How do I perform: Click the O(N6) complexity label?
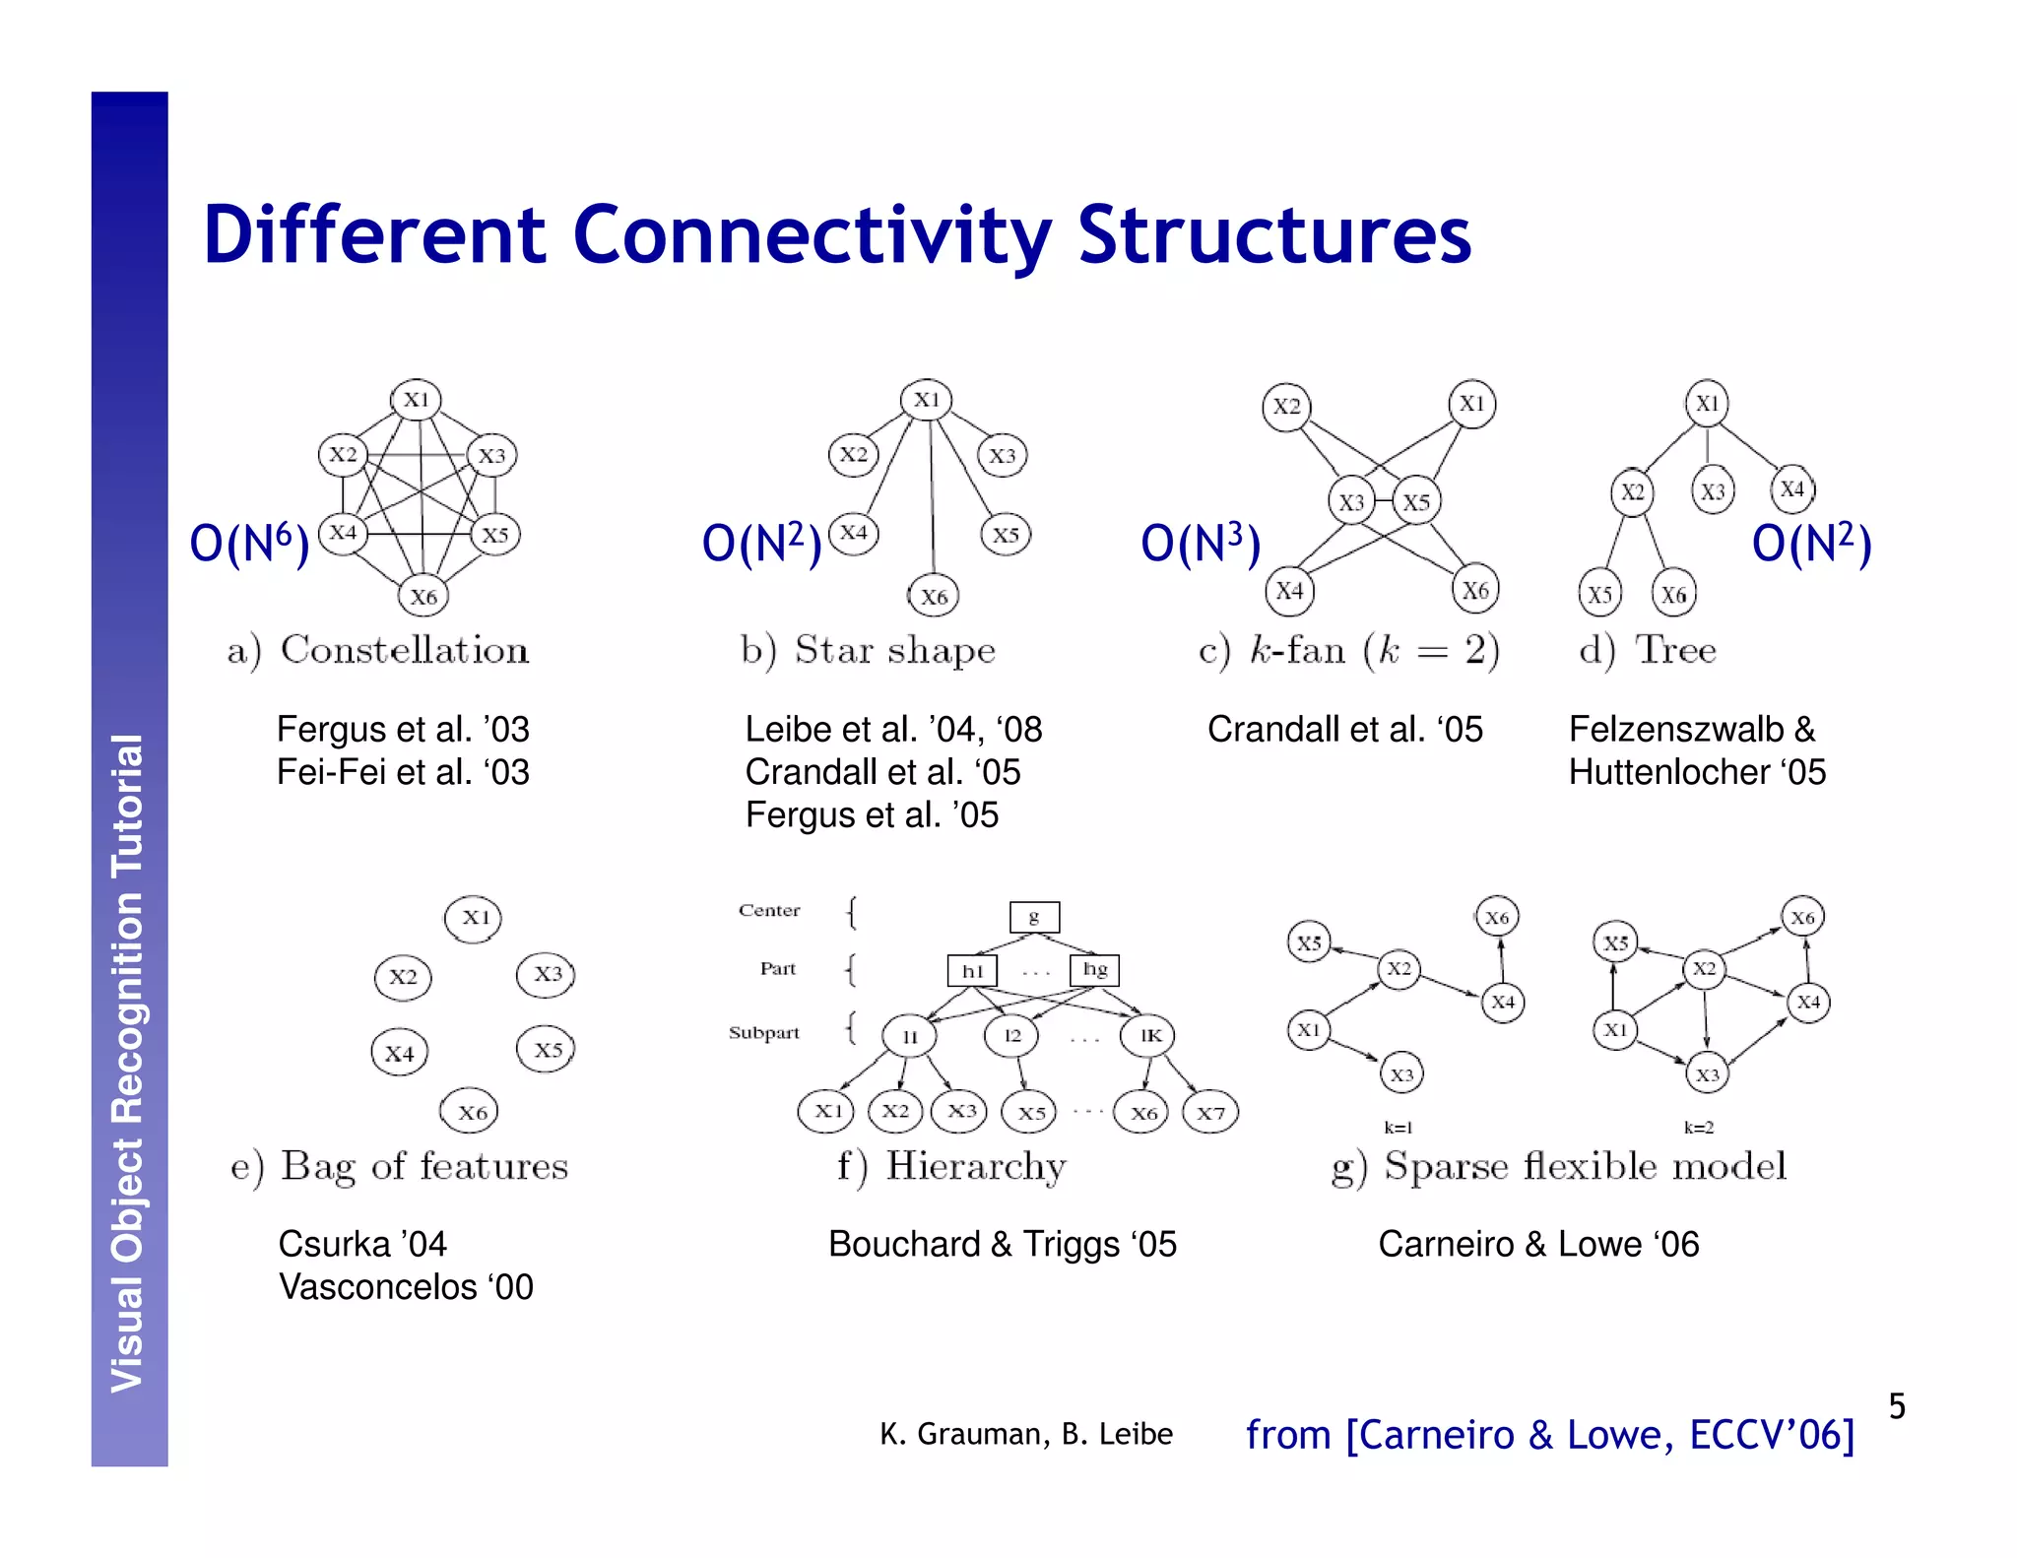click(249, 544)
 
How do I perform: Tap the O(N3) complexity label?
click(1200, 544)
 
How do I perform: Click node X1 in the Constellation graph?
click(417, 400)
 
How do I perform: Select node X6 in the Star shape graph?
click(933, 596)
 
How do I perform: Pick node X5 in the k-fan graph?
click(1416, 502)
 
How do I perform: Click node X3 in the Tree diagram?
click(1713, 491)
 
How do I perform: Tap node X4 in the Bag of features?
click(399, 1053)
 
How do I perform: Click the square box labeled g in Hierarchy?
click(1034, 917)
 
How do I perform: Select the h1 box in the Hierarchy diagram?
click(972, 971)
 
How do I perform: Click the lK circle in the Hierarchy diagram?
click(1149, 1035)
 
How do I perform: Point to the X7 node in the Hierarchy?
click(1210, 1113)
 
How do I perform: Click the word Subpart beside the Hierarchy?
click(763, 1032)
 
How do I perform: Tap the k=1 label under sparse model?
click(1398, 1128)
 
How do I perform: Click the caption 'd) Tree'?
click(1647, 650)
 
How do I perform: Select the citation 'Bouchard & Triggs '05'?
click(1002, 1244)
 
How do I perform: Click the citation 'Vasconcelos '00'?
click(406, 1287)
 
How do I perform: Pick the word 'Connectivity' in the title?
click(813, 235)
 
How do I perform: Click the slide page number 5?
click(1897, 1405)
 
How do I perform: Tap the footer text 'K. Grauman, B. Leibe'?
click(1025, 1434)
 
